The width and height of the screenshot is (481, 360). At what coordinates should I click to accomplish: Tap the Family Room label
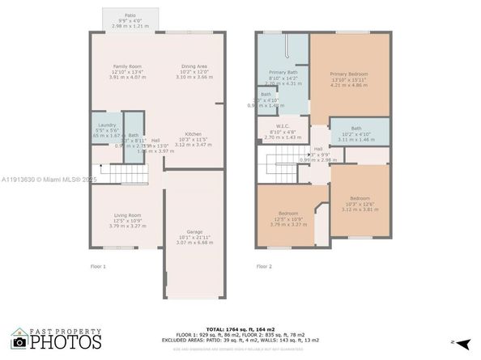[128, 72]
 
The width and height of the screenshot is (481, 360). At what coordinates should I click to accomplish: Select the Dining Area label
[193, 72]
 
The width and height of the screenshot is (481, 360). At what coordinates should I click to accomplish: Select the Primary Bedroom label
[349, 78]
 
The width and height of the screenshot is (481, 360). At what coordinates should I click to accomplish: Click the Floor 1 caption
[98, 266]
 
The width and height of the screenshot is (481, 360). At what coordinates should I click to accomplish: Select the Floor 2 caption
[265, 266]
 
